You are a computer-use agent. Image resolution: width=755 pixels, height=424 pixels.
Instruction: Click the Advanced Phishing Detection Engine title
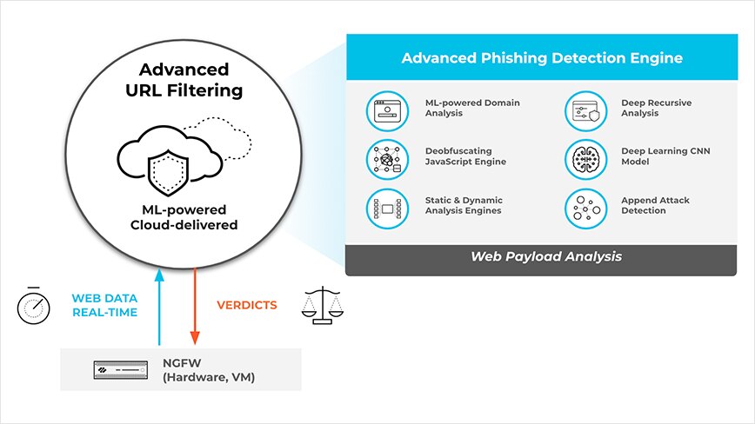pyautogui.click(x=541, y=58)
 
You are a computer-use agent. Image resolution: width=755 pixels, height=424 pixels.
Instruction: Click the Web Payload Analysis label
pyautogui.click(x=545, y=257)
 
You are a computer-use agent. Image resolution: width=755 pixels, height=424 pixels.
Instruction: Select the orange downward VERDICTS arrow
pyautogui.click(x=196, y=308)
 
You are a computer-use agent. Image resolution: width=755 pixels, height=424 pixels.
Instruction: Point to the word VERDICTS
pyautogui.click(x=246, y=306)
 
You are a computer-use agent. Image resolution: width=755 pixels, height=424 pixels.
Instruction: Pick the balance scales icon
pyautogui.click(x=322, y=305)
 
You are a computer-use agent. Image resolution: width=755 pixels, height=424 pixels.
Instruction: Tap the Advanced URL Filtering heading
pyautogui.click(x=184, y=80)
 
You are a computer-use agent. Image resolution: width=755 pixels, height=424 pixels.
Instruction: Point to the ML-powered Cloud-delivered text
pyautogui.click(x=184, y=217)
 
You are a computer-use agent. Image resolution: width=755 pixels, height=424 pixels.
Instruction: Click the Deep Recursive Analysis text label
pyautogui.click(x=656, y=109)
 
